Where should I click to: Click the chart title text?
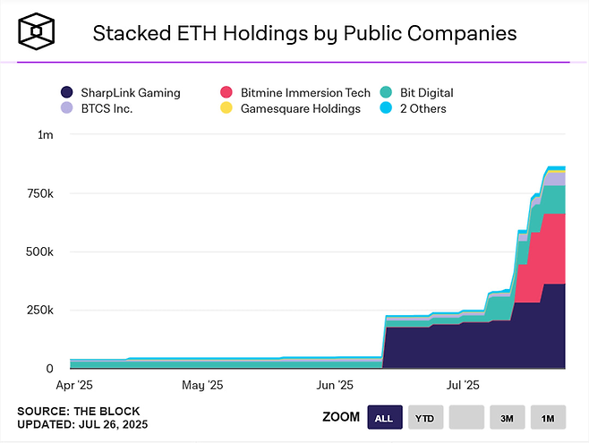[304, 34]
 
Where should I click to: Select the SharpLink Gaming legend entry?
[121, 92]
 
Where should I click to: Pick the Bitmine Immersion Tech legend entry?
[296, 92]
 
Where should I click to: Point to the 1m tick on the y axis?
[46, 134]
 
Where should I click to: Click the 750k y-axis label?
[40, 193]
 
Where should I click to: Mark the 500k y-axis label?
[40, 251]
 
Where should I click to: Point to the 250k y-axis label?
[40, 310]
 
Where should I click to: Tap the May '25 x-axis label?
[202, 386]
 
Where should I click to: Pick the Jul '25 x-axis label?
[462, 386]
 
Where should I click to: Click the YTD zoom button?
[425, 417]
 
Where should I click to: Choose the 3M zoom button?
[507, 417]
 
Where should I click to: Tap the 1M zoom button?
[548, 417]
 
